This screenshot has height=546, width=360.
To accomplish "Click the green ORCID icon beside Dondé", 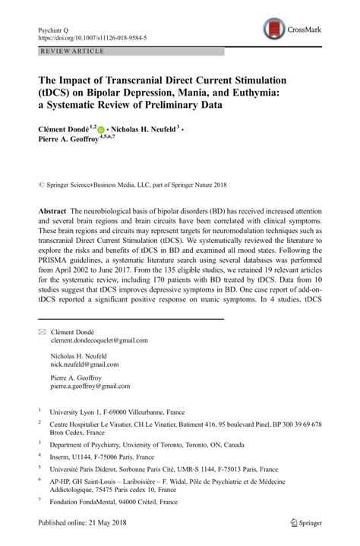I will click(102, 130).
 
